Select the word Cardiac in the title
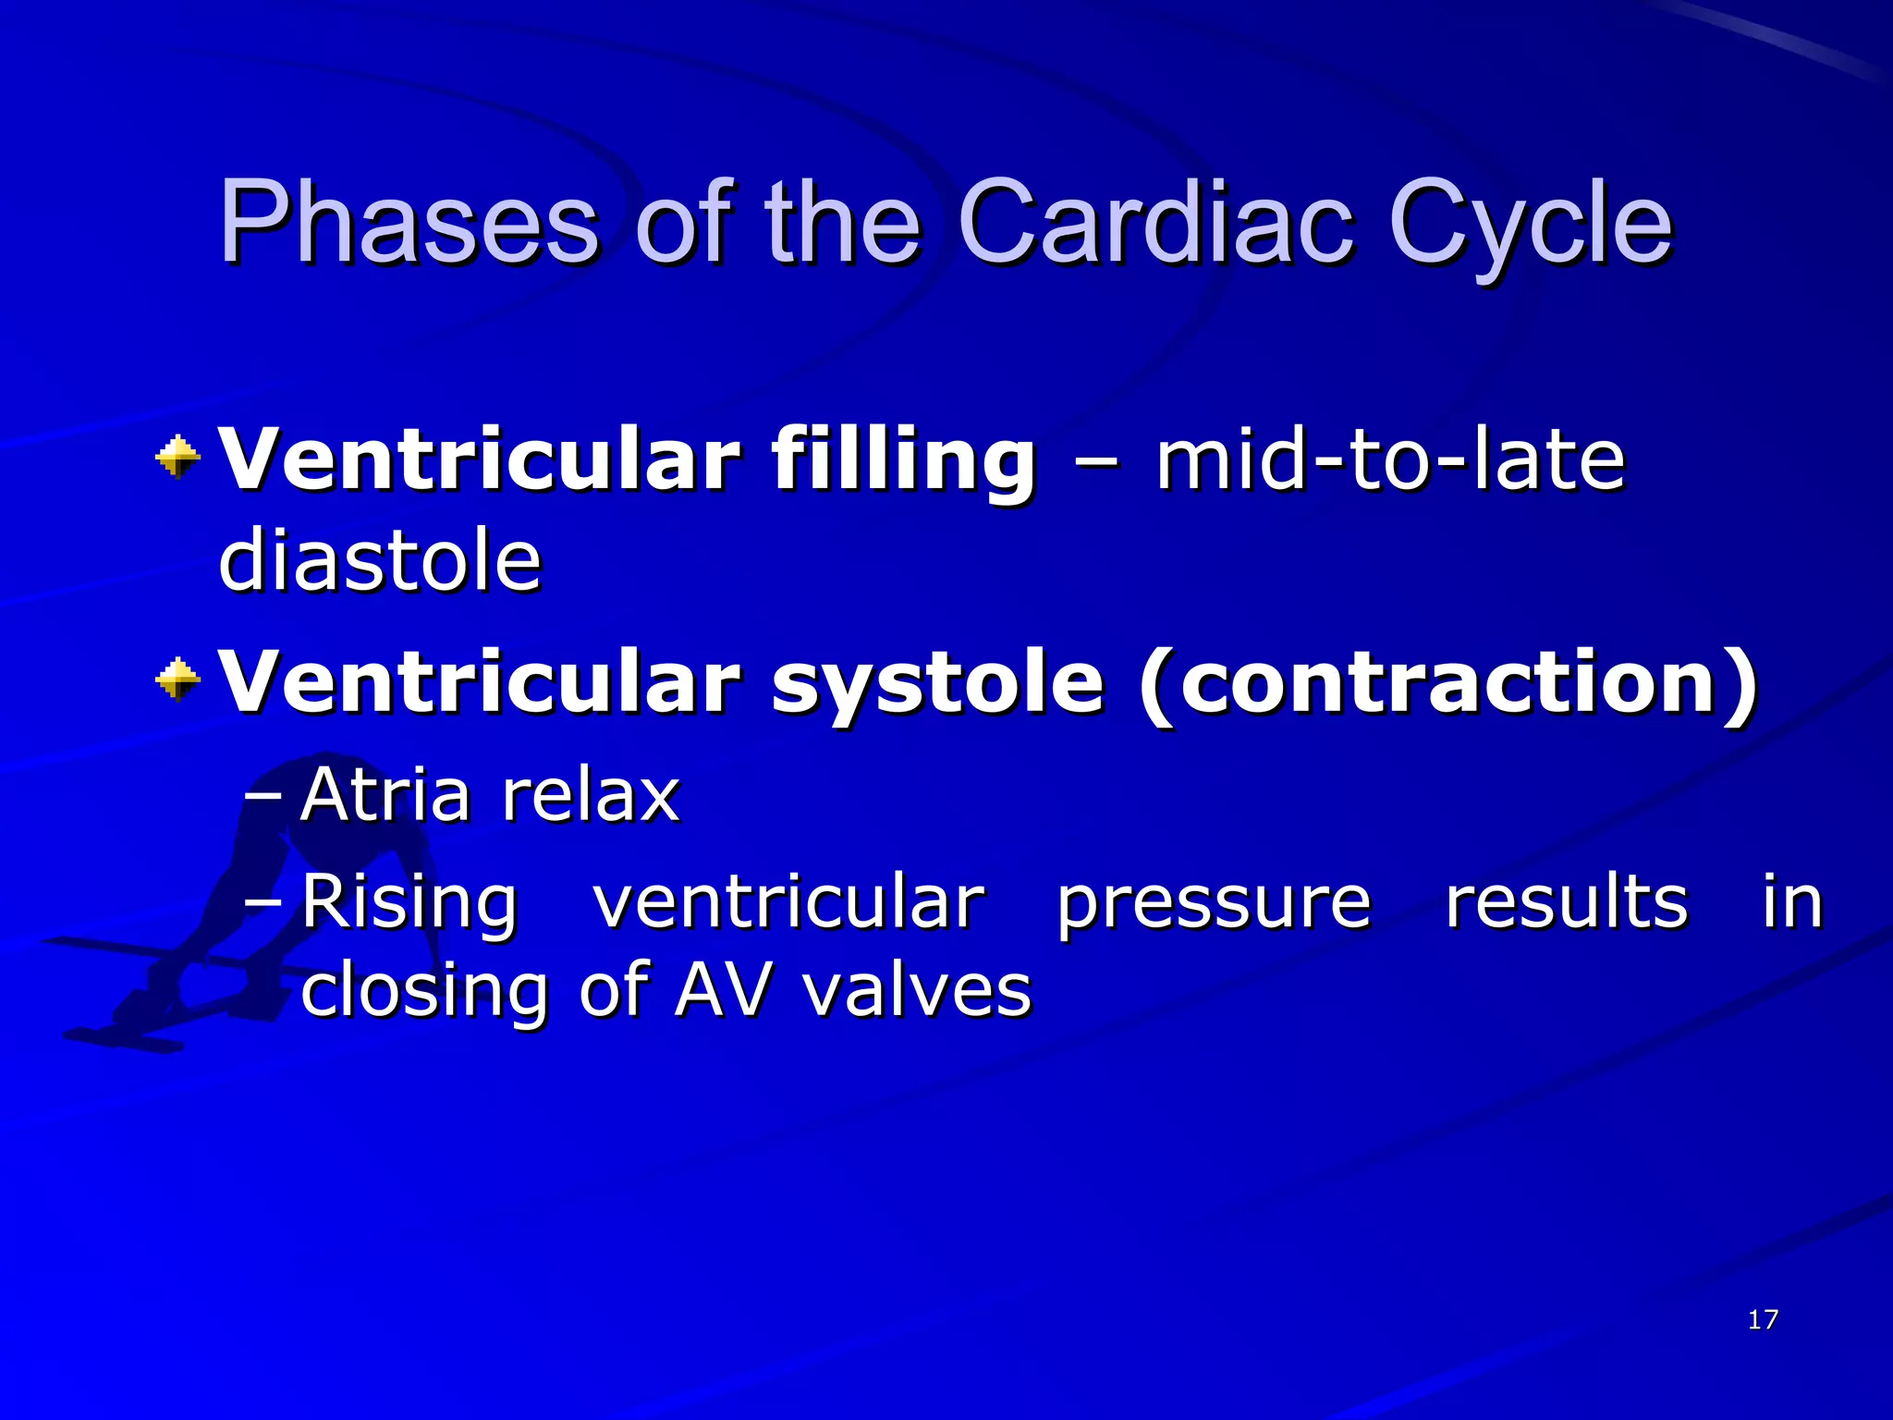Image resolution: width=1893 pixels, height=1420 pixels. pyautogui.click(x=1155, y=224)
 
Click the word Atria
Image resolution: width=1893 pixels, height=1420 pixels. pyautogui.click(x=385, y=794)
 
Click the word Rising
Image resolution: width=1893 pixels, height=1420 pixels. pyautogui.click(x=409, y=902)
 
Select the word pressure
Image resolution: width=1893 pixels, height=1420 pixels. pyautogui.click(x=1214, y=902)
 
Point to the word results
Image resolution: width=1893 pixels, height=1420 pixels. pyautogui.click(x=1567, y=900)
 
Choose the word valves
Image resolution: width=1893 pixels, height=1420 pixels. pyautogui.click(x=916, y=990)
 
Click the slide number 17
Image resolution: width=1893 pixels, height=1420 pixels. pyautogui.click(x=1763, y=1319)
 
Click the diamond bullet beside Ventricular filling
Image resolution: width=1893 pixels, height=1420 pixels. pyautogui.click(x=177, y=457)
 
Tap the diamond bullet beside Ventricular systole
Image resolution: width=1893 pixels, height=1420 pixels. pyautogui.click(x=177, y=680)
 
